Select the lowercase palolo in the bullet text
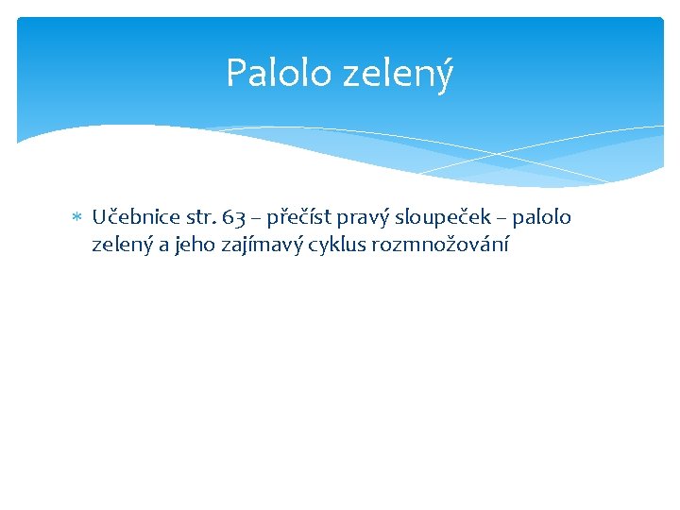coord(544,218)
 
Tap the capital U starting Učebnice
coord(99,218)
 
